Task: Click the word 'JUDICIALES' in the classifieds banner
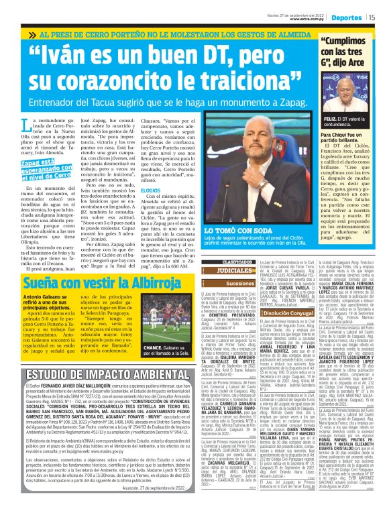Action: click(218, 270)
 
